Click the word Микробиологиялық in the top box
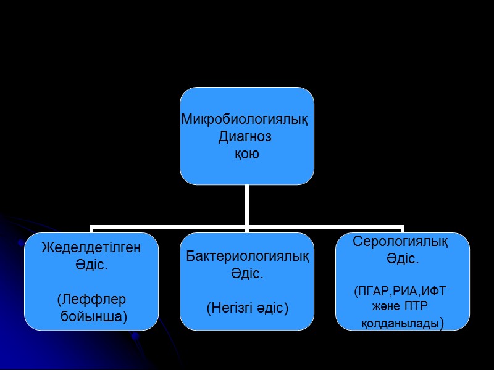tap(244, 120)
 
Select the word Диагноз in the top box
tap(245, 137)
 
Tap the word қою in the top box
tap(246, 154)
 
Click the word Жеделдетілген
tap(91, 248)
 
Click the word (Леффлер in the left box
tap(91, 300)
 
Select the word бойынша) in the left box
tap(94, 316)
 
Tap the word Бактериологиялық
tap(247, 257)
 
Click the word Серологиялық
tap(401, 241)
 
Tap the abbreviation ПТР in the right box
tap(417, 306)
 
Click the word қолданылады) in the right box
tap(402, 323)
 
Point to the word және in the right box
tap(385, 306)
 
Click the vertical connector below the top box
tap(247, 205)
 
